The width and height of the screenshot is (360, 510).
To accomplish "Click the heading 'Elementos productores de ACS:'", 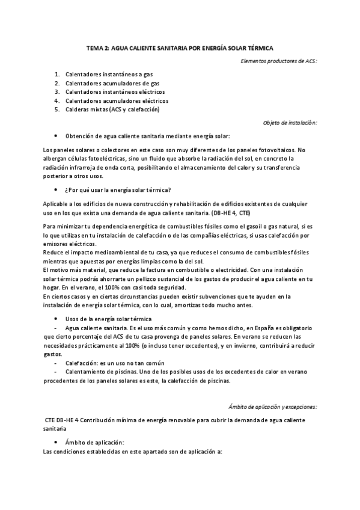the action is pos(278,61).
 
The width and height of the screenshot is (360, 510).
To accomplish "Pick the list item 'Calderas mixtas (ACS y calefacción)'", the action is pos(112,109).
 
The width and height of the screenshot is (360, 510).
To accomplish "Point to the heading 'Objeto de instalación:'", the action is pos(290,123).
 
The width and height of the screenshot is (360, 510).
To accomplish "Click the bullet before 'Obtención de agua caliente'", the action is pos(55,137).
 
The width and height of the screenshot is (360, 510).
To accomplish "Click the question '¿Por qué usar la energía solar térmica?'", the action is pos(118,189).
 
